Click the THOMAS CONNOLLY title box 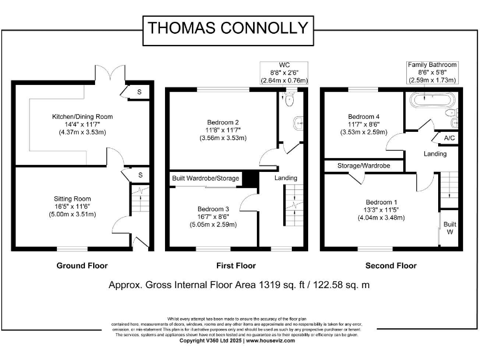tap(227, 28)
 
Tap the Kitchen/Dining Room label tap(82, 116)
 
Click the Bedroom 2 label tap(223, 122)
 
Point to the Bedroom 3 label tap(213, 209)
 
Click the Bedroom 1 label tap(381, 202)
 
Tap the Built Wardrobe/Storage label tap(206, 179)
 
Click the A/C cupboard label tap(449, 138)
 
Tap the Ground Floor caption tap(82, 266)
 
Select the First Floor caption tap(236, 266)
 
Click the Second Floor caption tap(391, 266)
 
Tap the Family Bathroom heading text tap(432, 65)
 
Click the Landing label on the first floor tap(286, 178)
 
